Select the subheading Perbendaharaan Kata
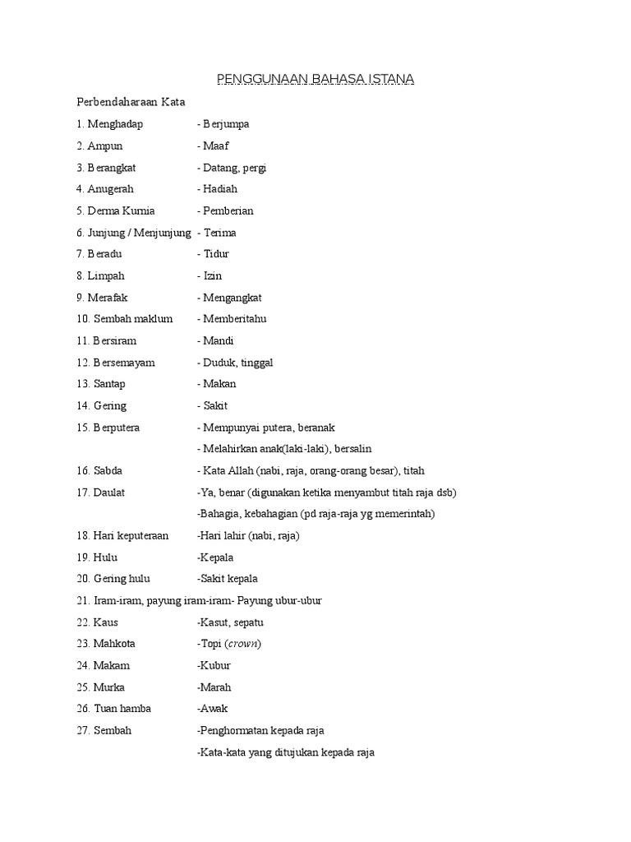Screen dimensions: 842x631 pyautogui.click(x=131, y=103)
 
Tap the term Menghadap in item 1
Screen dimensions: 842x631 pyautogui.click(x=115, y=124)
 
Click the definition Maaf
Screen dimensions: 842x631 pyautogui.click(x=216, y=146)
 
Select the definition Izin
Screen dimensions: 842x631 pyautogui.click(x=212, y=275)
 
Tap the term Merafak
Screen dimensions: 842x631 pyautogui.click(x=108, y=297)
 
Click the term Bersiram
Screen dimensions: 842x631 pyautogui.click(x=115, y=340)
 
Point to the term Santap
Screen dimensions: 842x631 pyautogui.click(x=110, y=384)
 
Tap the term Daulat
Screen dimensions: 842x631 pyautogui.click(x=111, y=493)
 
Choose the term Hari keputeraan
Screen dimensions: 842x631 pyautogui.click(x=131, y=535)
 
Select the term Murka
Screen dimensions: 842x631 pyautogui.click(x=109, y=687)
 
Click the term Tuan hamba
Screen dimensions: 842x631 pyautogui.click(x=122, y=708)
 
